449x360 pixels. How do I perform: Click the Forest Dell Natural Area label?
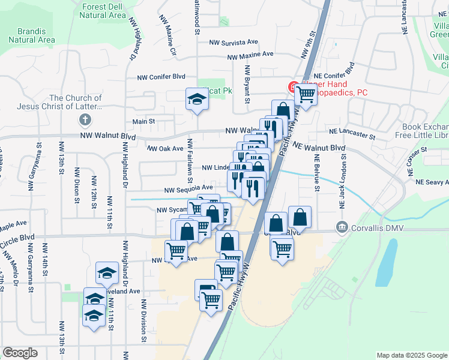(x=103, y=10)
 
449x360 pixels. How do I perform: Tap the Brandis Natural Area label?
(x=32, y=35)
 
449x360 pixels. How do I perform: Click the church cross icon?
(x=85, y=118)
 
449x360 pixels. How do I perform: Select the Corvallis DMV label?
(x=376, y=227)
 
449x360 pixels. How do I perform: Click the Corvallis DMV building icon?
(x=342, y=227)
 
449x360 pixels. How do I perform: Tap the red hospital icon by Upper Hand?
(x=294, y=88)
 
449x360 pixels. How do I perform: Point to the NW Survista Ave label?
(x=234, y=43)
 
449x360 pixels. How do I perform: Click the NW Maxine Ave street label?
(x=251, y=57)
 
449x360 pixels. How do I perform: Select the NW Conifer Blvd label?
(x=161, y=77)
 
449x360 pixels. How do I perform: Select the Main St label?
(x=144, y=121)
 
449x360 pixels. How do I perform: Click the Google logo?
(x=20, y=353)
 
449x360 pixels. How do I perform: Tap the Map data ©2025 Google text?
(x=411, y=355)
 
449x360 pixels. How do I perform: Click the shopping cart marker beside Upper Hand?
(x=306, y=93)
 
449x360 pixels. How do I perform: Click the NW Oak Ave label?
(x=165, y=148)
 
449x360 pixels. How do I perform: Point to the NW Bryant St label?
(x=246, y=84)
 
